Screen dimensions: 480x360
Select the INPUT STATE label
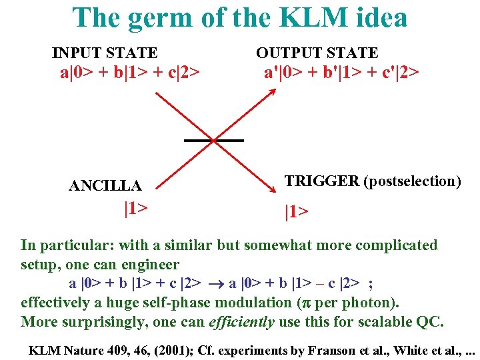point(105,53)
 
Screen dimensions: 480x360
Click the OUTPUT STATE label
point(317,53)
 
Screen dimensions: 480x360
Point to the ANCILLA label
point(105,185)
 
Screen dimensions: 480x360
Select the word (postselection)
point(411,181)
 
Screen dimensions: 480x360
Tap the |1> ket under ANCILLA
point(135,208)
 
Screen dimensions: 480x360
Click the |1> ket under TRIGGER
point(297,212)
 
